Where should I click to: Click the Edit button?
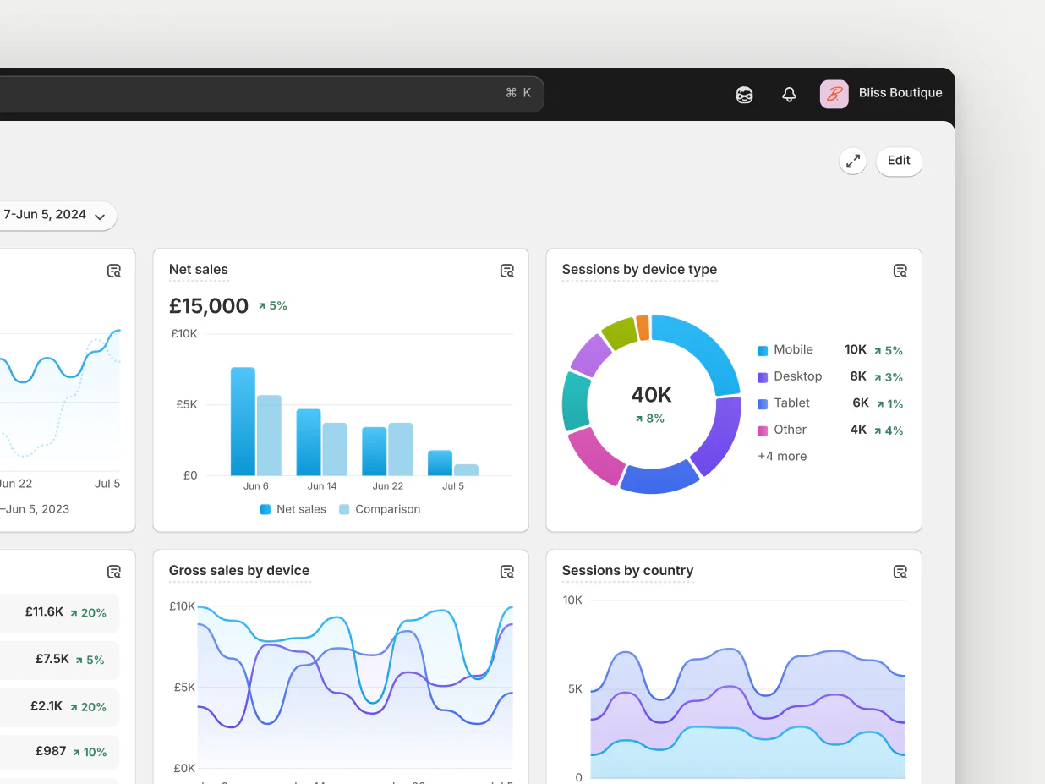pos(899,161)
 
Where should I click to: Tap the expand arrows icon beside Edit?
pos(853,161)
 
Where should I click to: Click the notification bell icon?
pos(789,95)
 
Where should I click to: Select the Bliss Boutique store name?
pos(900,93)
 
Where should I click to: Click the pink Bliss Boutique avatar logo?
pos(834,94)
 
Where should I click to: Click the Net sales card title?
pos(199,270)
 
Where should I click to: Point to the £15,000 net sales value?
pos(209,306)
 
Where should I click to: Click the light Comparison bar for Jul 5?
pos(466,469)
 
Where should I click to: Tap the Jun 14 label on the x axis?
pos(322,486)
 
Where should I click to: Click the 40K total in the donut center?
pos(651,395)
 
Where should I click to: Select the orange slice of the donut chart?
pos(643,327)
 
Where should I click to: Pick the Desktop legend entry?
pos(797,376)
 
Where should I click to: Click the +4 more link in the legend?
pos(782,457)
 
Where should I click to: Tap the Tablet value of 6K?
pos(860,403)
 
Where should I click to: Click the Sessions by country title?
pos(627,571)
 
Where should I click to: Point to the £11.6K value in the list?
pos(44,611)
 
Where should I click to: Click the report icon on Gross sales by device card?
pos(507,573)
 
